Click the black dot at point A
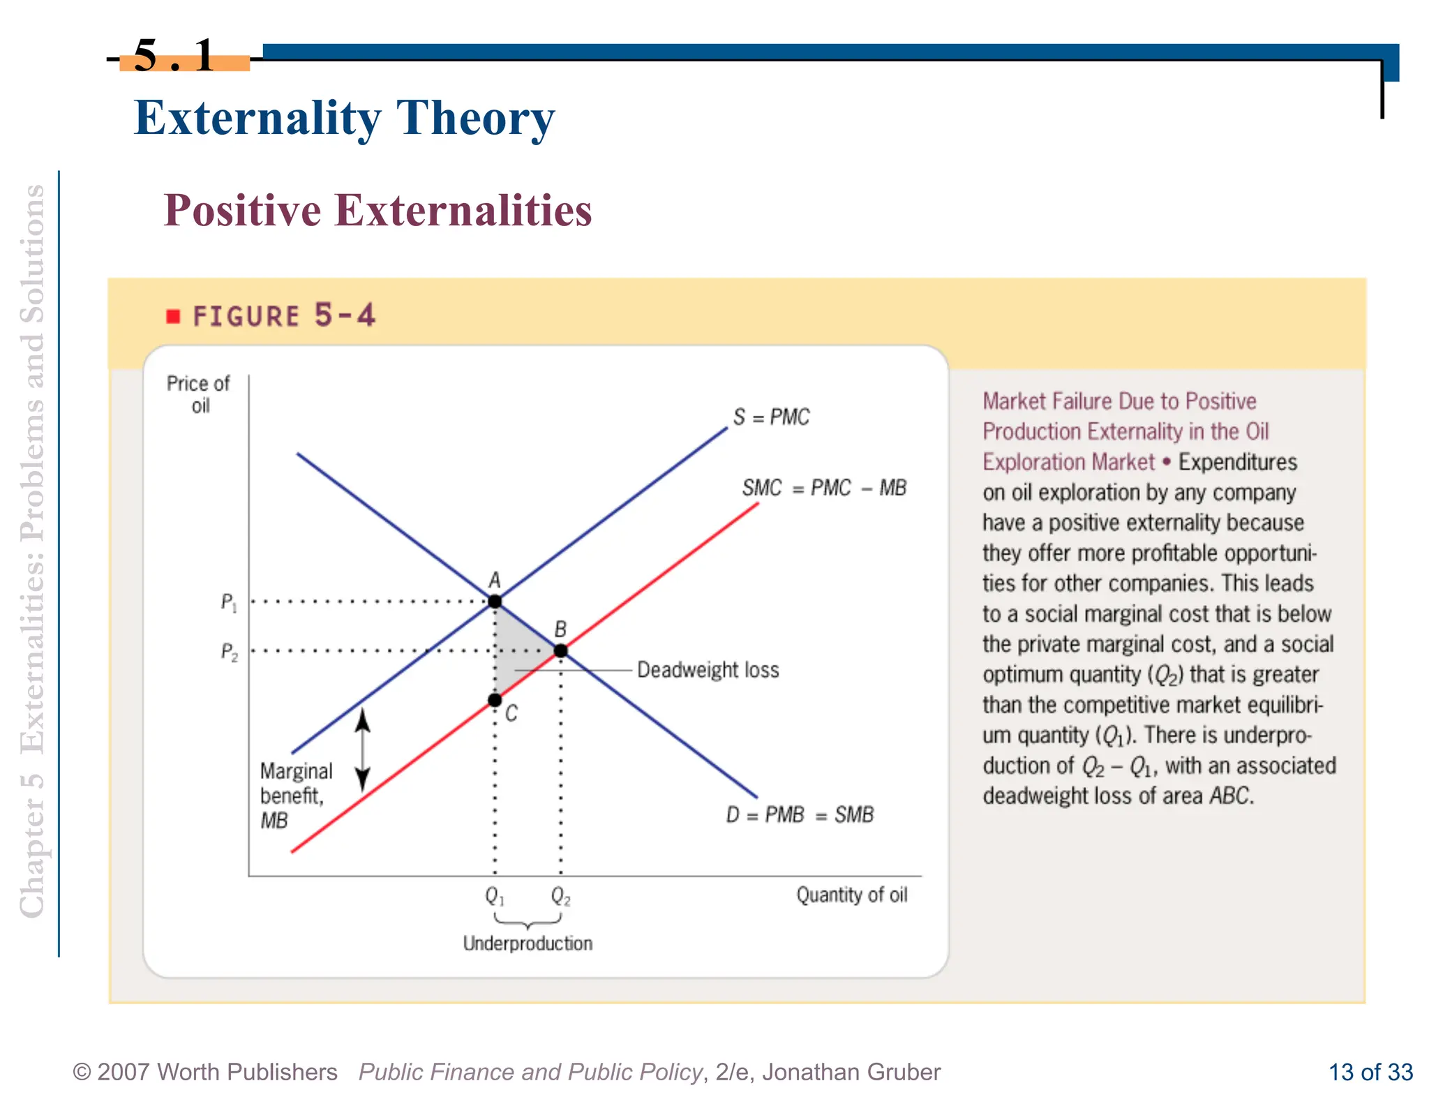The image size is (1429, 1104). click(495, 601)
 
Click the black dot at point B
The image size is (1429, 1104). click(560, 651)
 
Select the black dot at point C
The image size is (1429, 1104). click(495, 700)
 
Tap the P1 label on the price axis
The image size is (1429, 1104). click(229, 602)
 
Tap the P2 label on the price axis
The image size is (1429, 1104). click(229, 652)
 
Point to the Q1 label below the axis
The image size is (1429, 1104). click(495, 895)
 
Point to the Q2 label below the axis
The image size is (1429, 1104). click(560, 895)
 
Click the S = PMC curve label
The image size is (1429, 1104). click(771, 417)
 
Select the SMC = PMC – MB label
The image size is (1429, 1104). click(824, 488)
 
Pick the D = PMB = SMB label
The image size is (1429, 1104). click(800, 814)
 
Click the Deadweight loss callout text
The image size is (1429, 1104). click(708, 670)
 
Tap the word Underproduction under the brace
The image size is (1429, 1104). click(528, 943)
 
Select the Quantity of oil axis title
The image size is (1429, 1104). click(851, 895)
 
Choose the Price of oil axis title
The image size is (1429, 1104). click(198, 394)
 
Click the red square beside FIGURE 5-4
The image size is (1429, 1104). click(173, 317)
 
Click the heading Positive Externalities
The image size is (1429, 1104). click(377, 210)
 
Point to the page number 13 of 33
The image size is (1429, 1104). click(1370, 1072)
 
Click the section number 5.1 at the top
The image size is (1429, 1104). click(174, 56)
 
